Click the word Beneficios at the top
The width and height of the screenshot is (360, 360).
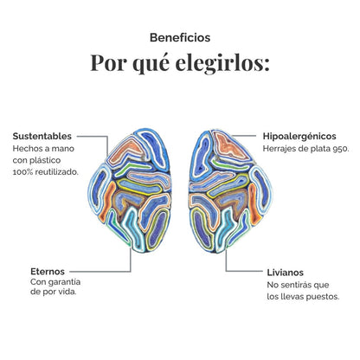point(180,37)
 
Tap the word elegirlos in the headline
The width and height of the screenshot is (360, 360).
point(222,62)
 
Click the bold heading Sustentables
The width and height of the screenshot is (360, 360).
point(42,136)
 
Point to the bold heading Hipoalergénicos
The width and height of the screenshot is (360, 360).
point(299,136)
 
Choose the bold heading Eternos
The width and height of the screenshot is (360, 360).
point(48,272)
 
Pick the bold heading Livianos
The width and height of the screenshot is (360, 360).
point(285,273)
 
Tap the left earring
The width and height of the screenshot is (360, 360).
point(131,190)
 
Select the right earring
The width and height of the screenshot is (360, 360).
point(230,191)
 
